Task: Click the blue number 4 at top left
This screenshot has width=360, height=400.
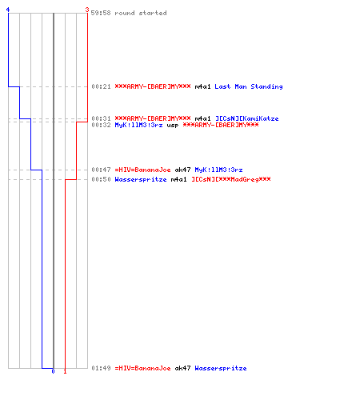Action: pos(8,10)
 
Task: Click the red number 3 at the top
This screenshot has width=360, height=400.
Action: pos(87,10)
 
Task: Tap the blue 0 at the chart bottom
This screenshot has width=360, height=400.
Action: pos(53,371)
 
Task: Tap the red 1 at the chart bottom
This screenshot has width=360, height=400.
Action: pos(65,371)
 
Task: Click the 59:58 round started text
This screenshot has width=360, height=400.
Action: pos(129,13)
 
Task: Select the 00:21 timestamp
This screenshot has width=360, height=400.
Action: pos(101,86)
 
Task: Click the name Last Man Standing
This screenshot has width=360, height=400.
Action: pos(249,86)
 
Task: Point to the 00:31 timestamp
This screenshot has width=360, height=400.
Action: pos(101,118)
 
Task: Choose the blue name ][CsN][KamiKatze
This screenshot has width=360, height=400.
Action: pos(247,118)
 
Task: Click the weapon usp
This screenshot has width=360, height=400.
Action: pos(173,126)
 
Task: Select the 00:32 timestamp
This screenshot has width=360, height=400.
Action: pos(101,125)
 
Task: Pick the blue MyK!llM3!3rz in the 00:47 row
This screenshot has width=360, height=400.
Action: pos(218,170)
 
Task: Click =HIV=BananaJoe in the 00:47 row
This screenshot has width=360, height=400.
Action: pos(142,170)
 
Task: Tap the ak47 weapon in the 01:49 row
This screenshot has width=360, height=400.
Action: pos(182,368)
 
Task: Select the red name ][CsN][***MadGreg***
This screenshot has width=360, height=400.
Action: pos(231,179)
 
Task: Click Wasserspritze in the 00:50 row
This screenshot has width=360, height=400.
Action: pos(141,179)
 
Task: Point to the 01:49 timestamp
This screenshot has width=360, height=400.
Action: pos(101,368)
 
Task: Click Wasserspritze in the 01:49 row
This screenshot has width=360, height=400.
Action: pos(221,368)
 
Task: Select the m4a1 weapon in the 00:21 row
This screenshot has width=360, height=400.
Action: pos(202,86)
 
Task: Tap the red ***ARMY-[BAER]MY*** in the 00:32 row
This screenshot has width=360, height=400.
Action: pos(221,125)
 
